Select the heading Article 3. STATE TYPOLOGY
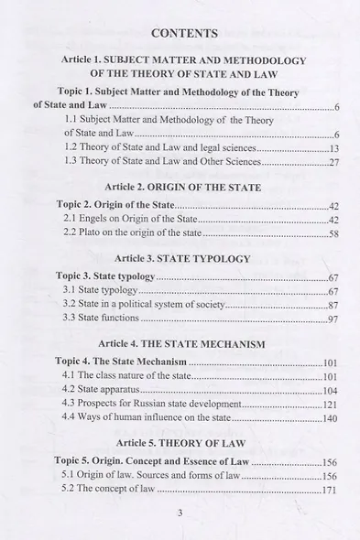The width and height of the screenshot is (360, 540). [x=184, y=259]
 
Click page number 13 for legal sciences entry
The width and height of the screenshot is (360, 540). [x=333, y=147]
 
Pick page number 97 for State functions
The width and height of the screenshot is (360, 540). [x=333, y=319]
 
